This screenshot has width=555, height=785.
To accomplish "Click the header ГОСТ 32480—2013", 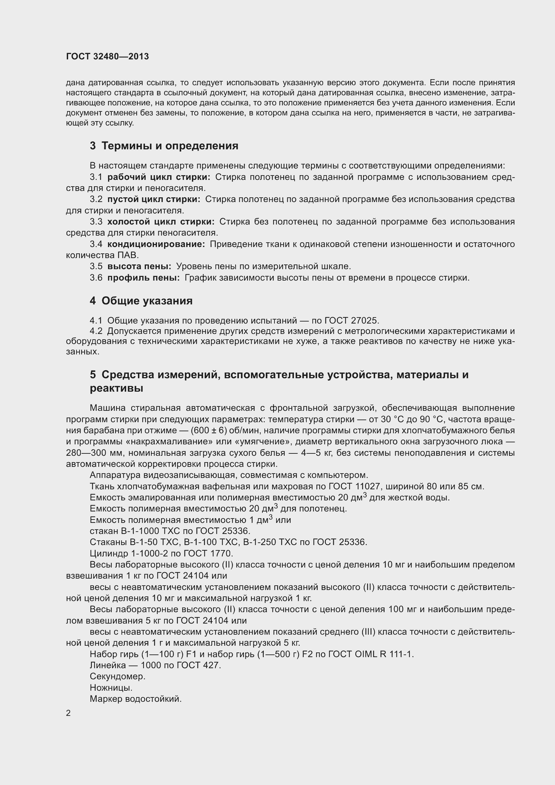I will (107, 56).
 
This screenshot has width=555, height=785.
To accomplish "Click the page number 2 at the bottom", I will (68, 713).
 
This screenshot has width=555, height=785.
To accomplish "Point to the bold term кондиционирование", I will (156, 244).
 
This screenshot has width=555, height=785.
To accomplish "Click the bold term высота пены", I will (140, 266).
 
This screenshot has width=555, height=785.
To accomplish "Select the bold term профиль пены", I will (144, 278).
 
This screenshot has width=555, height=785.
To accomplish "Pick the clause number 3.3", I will (96, 222).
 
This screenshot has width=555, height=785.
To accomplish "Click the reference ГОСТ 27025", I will (352, 321).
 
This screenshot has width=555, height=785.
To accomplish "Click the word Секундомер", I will (117, 676).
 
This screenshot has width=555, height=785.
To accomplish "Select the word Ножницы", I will (111, 688).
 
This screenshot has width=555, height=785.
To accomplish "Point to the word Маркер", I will (106, 699).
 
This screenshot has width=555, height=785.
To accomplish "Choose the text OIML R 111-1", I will (384, 654).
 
